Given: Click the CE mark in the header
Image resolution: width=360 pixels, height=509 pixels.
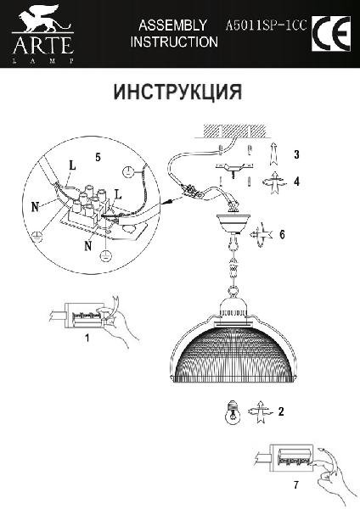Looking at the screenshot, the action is [x=331, y=33].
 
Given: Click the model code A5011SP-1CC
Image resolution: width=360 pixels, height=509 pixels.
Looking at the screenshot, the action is [x=266, y=25].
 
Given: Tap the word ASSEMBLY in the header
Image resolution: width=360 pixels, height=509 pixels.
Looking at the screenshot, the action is [x=172, y=25].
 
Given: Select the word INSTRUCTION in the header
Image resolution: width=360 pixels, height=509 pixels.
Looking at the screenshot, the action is [x=174, y=42].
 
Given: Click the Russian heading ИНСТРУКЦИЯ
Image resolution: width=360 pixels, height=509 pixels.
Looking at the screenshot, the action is [x=177, y=92].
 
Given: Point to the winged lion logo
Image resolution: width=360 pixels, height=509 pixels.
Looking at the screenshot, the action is [x=43, y=19].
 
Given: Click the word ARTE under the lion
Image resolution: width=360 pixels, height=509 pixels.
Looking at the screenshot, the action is [x=42, y=46].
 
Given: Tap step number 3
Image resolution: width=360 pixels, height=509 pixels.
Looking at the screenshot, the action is [x=296, y=154].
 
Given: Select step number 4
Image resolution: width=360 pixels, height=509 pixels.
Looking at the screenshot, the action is [x=296, y=182].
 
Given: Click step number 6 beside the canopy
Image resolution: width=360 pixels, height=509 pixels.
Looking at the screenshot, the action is [x=282, y=234].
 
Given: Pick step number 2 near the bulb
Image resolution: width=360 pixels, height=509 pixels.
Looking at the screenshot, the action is [x=281, y=411].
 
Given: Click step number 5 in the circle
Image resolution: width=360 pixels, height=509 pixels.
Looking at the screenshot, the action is [x=98, y=157].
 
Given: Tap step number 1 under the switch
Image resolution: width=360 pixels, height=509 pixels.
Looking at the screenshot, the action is [x=87, y=338].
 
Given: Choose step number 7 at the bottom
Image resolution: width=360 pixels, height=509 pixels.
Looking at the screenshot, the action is [x=295, y=485].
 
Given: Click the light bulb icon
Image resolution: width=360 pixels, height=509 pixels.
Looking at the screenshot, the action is [x=233, y=412].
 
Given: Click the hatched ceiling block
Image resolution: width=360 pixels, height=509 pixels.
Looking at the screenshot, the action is [x=234, y=131].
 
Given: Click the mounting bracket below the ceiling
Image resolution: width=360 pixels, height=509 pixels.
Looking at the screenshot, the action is [x=234, y=168].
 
